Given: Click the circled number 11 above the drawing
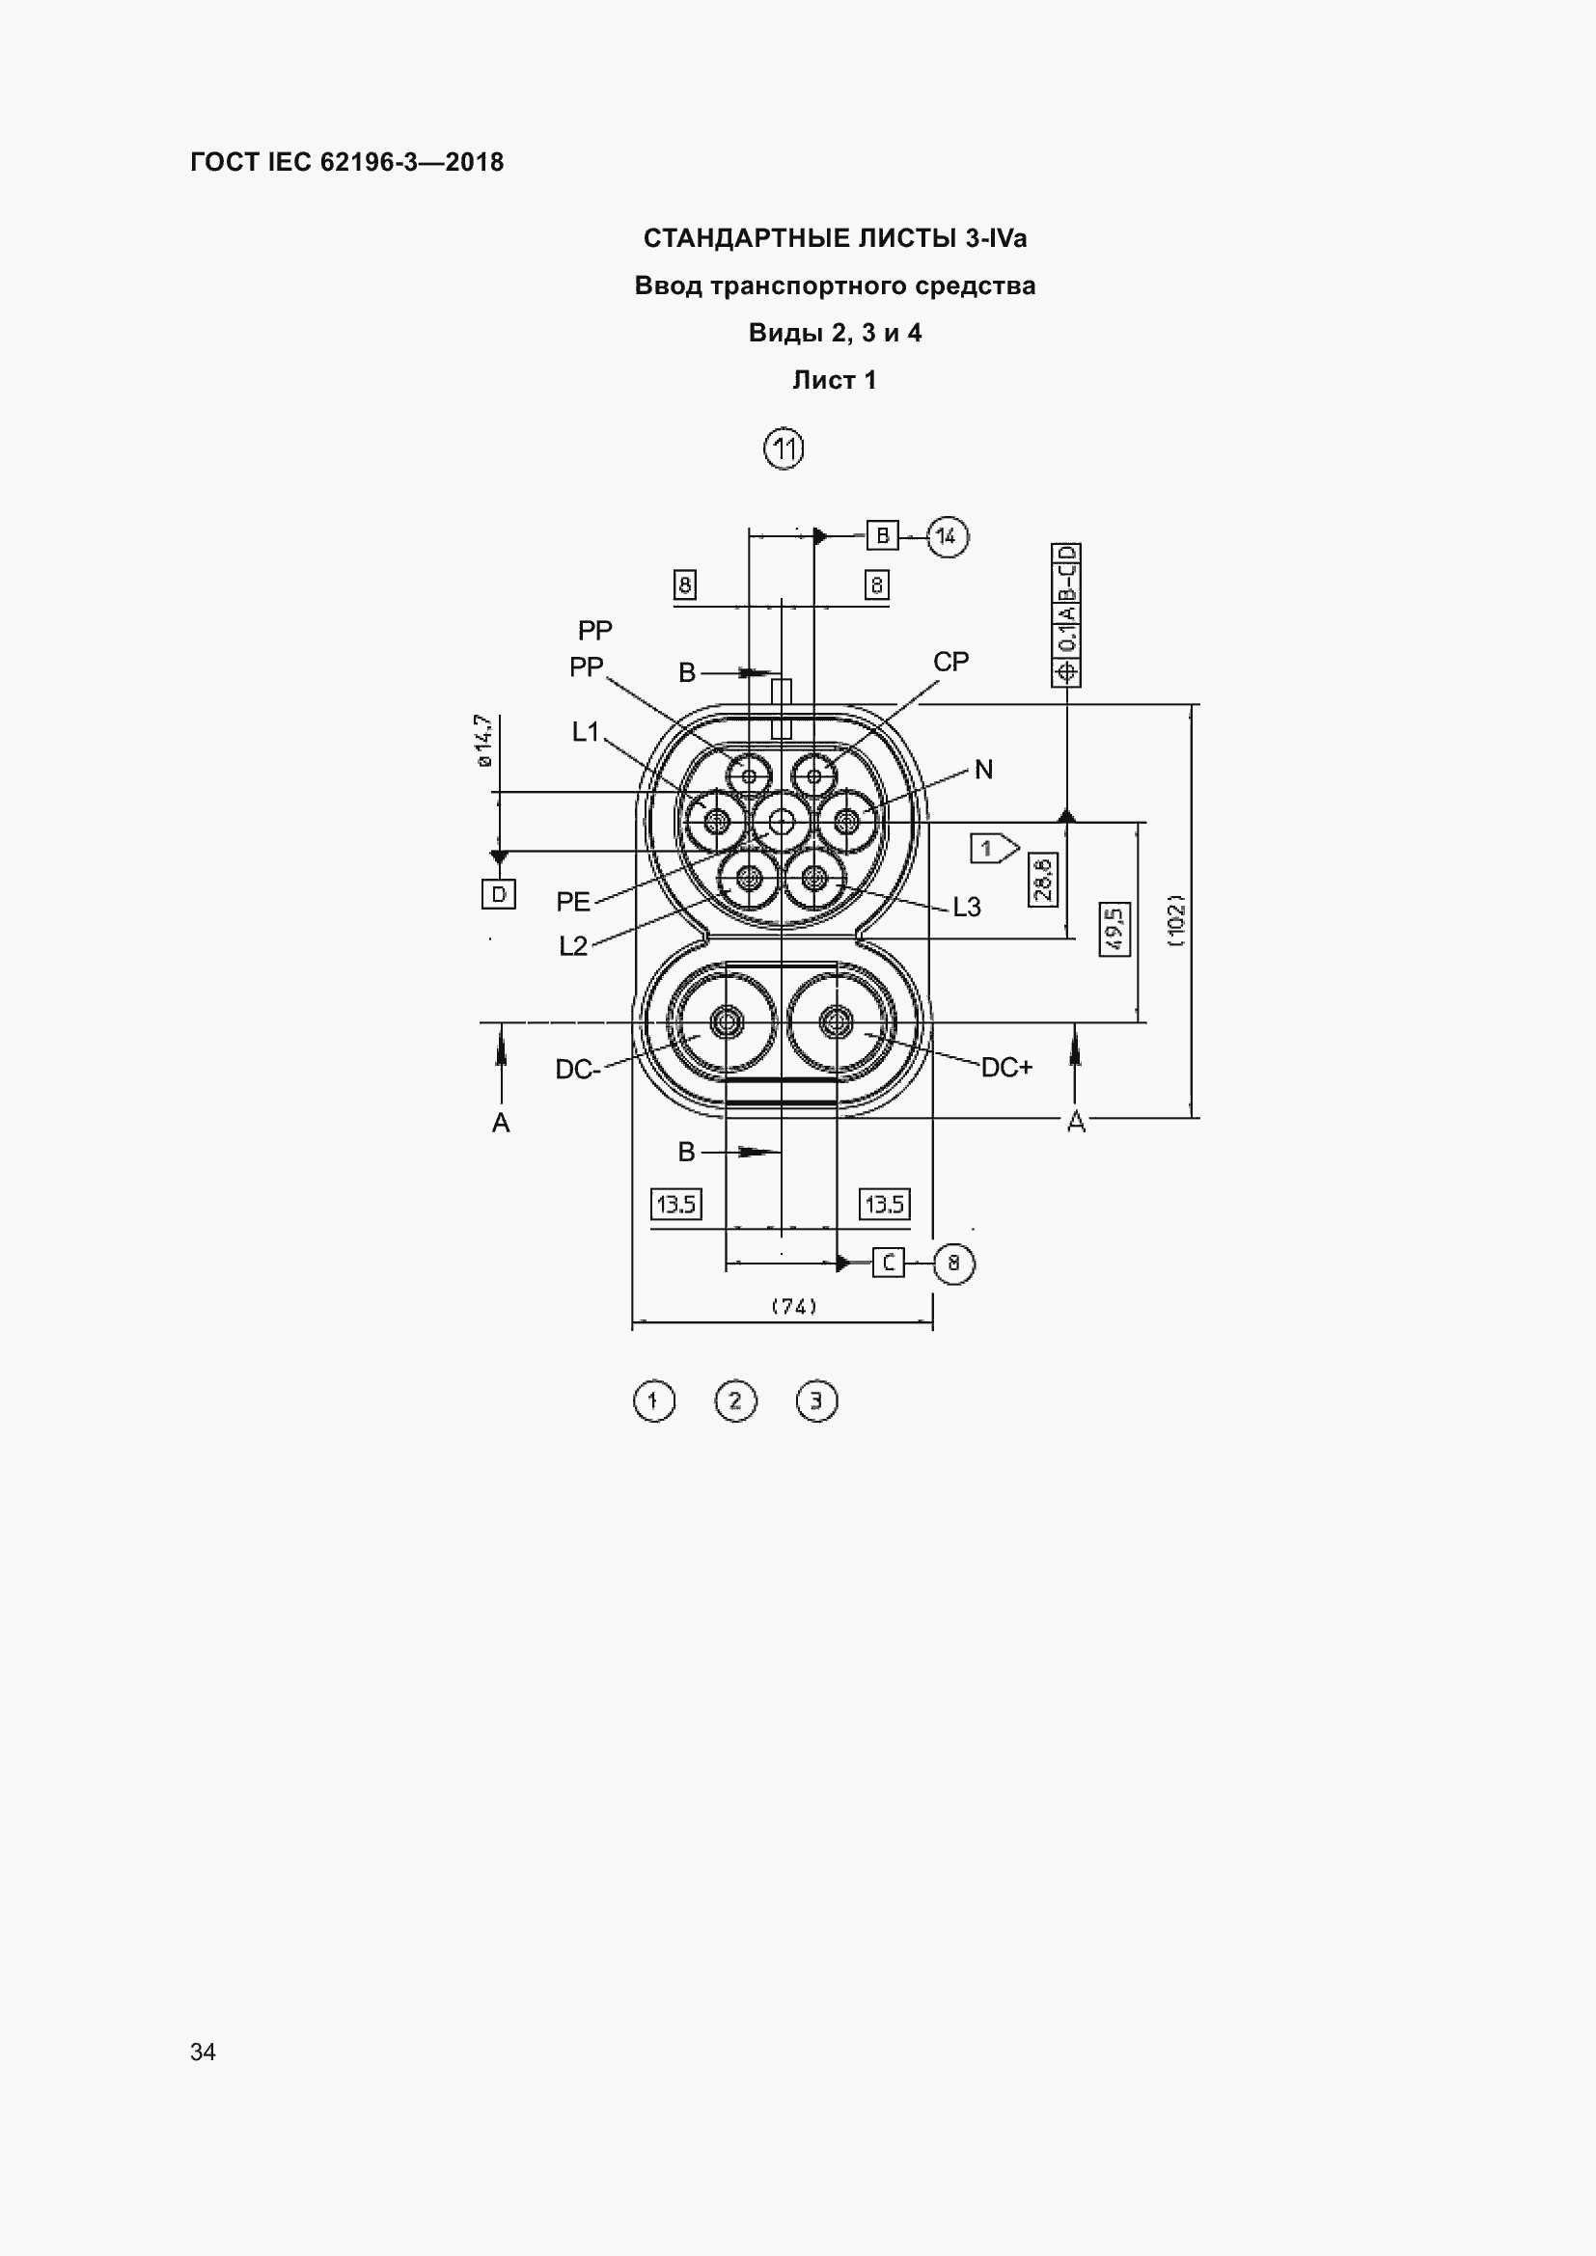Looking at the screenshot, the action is click(x=784, y=449).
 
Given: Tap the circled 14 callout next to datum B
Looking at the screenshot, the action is click(x=947, y=536).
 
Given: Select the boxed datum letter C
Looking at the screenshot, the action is click(x=889, y=1263).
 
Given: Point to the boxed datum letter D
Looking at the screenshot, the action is click(x=499, y=894).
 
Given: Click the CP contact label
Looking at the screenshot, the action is click(x=951, y=663).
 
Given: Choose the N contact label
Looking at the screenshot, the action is click(x=983, y=770).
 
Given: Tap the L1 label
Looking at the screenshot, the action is click(x=586, y=732).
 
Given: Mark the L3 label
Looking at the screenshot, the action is click(x=967, y=907).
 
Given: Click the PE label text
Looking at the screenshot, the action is click(x=574, y=902).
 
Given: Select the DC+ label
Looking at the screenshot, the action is click(x=1007, y=1067).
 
